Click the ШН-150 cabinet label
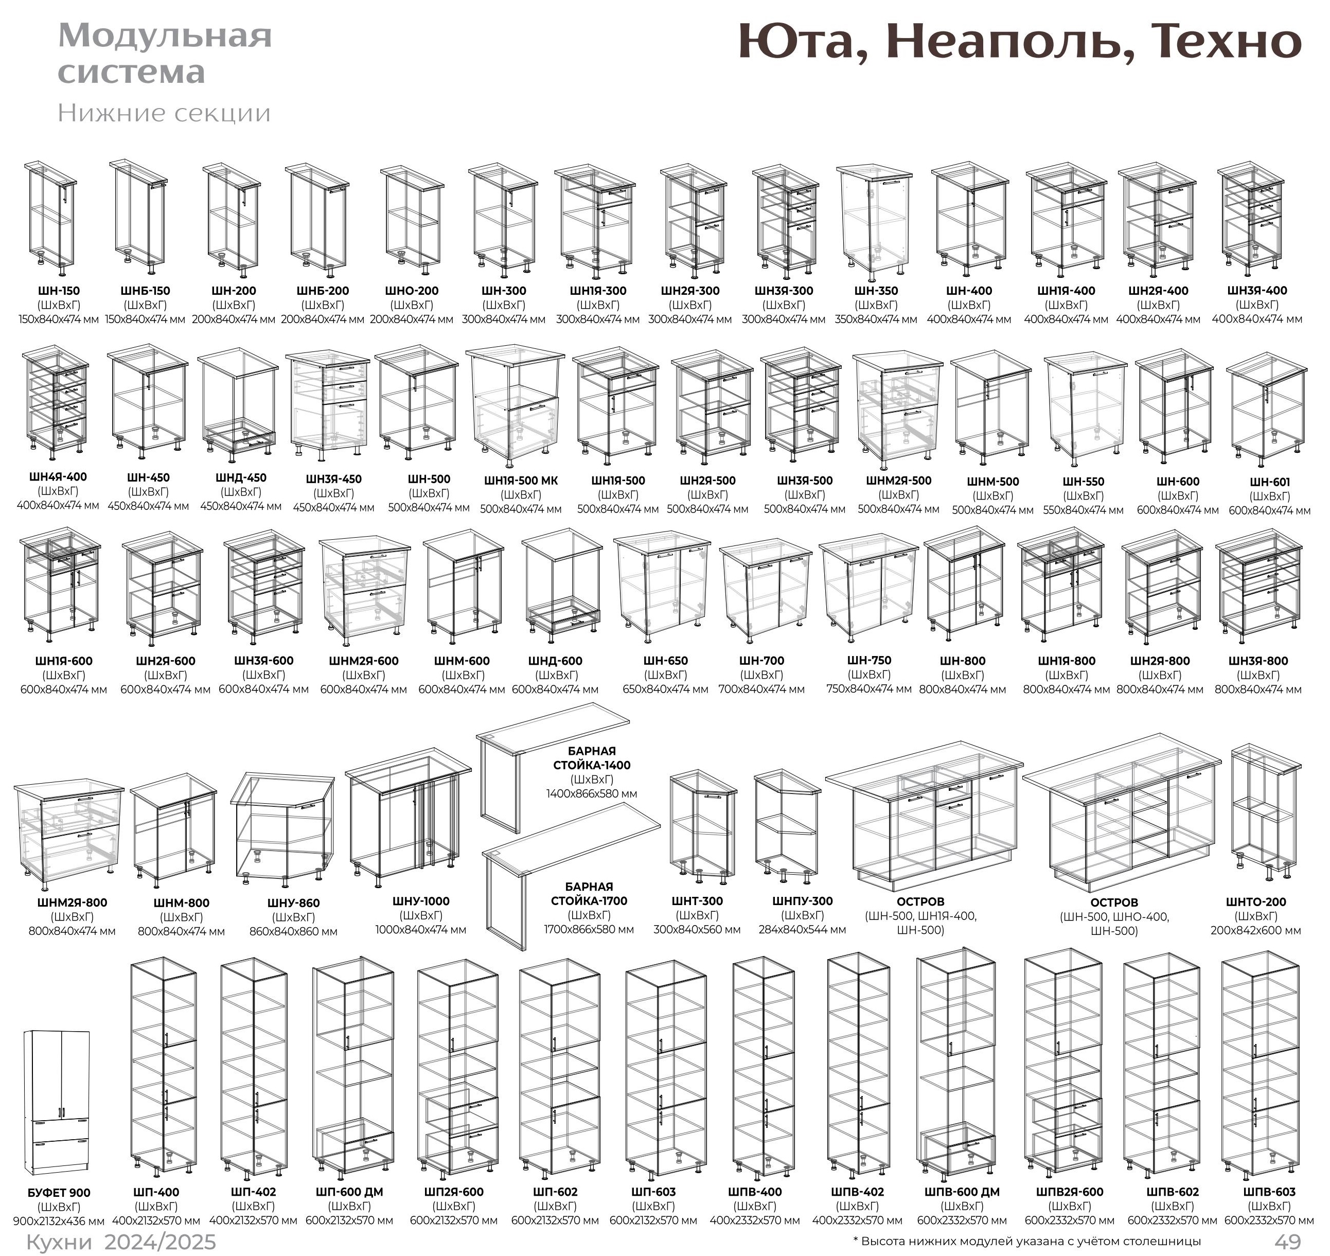point(59,291)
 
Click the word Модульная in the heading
point(165,36)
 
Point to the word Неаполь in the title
point(1010,42)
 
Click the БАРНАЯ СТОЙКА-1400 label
point(591,758)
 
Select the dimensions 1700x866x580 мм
point(589,929)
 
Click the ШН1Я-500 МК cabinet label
point(521,481)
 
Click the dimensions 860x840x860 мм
point(293,931)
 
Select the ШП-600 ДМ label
point(349,1192)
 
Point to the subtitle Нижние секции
point(164,113)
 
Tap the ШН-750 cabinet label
point(869,660)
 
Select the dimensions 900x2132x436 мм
point(59,1220)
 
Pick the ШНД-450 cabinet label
point(241,478)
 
